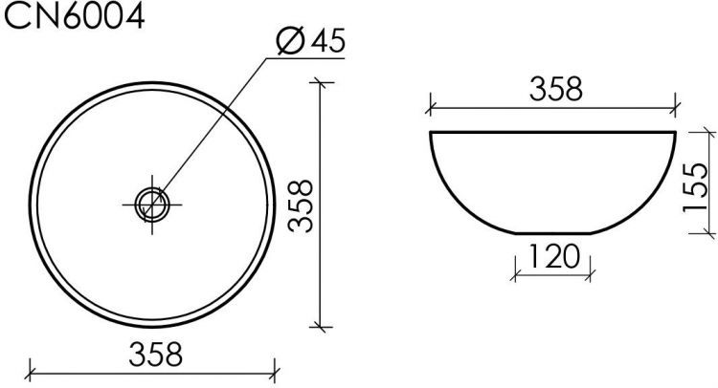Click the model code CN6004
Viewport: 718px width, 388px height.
(x=76, y=16)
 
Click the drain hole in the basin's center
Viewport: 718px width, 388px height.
(x=152, y=202)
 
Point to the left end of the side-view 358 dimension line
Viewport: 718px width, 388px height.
(x=431, y=105)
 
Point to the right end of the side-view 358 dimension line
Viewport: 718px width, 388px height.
(x=676, y=105)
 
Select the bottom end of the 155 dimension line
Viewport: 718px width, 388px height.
(x=708, y=232)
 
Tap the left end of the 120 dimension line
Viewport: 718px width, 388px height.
(x=515, y=271)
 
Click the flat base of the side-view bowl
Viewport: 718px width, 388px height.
(x=553, y=234)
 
